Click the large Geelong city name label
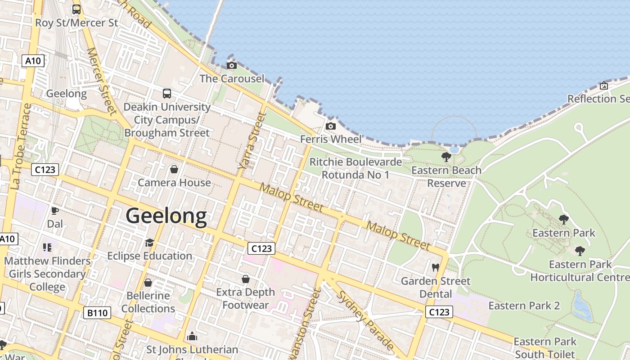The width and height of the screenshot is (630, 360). point(166,216)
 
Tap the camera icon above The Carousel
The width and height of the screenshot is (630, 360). point(232,66)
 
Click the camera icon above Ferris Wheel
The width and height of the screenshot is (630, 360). point(331,126)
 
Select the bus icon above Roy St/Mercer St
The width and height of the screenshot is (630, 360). point(76,9)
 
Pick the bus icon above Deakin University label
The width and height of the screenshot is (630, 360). point(167,94)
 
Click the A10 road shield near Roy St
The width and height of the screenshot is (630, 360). point(33,61)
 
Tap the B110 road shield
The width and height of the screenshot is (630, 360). point(97,313)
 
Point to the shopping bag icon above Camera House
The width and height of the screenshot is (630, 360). point(174,170)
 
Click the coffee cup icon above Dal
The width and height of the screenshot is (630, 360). point(54,211)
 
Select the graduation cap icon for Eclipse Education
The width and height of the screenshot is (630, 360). point(149,243)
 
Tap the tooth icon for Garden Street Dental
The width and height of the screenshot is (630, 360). point(435,268)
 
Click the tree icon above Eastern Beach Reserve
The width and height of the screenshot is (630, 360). point(446,157)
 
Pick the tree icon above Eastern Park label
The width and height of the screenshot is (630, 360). point(563,220)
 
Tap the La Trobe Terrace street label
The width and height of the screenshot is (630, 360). point(21,146)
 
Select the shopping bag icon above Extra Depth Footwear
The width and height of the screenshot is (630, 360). point(245,279)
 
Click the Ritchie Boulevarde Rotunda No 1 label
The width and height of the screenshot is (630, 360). point(355,168)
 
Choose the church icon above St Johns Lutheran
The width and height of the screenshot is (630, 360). point(192,337)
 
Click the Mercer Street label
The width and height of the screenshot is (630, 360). point(101,81)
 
